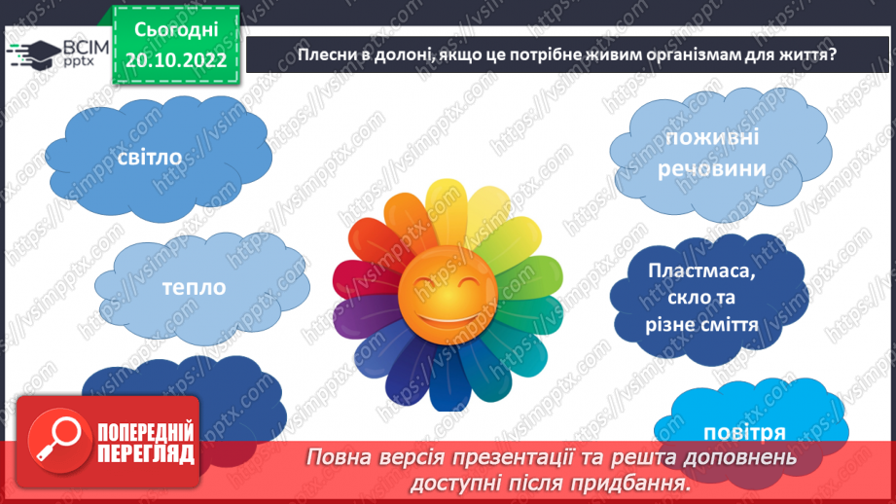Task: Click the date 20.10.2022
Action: tap(176, 59)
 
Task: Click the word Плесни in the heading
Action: tap(324, 54)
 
